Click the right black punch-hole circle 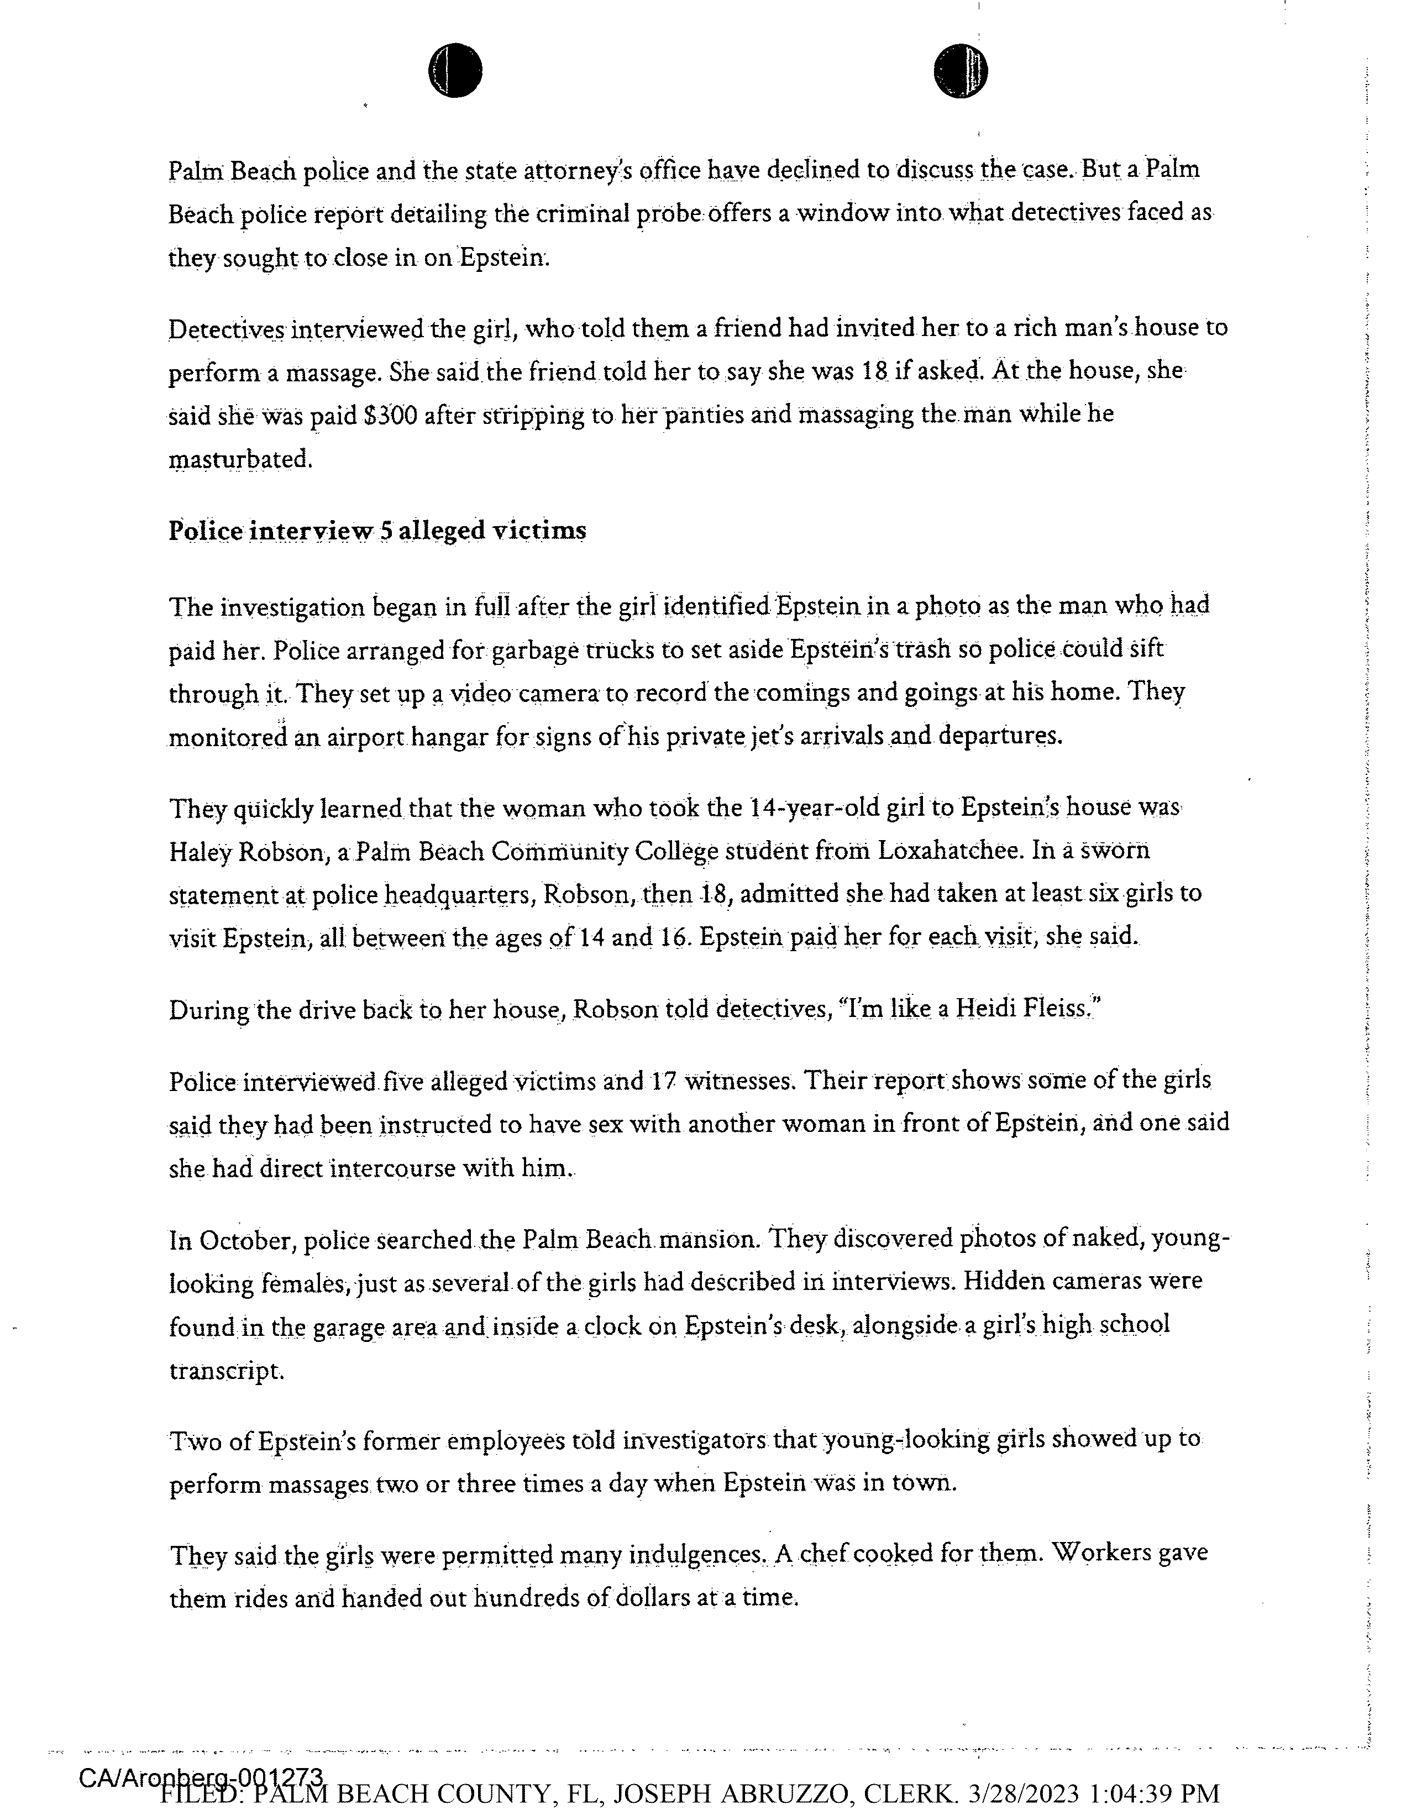pos(960,71)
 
